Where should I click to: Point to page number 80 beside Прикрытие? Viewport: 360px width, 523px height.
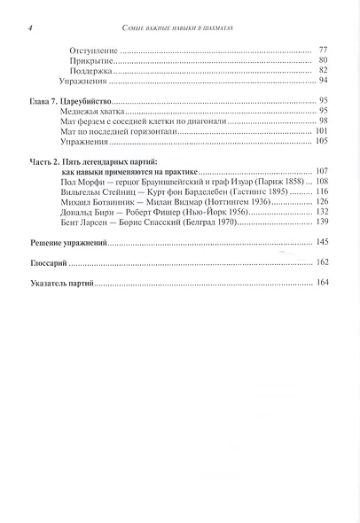pos(324,62)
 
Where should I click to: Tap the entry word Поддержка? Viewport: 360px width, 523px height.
pos(90,71)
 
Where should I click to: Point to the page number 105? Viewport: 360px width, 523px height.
pos(322,140)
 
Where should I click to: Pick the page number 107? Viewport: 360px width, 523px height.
pos(322,169)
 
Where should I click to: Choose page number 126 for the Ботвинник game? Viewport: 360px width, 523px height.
pos(322,202)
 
